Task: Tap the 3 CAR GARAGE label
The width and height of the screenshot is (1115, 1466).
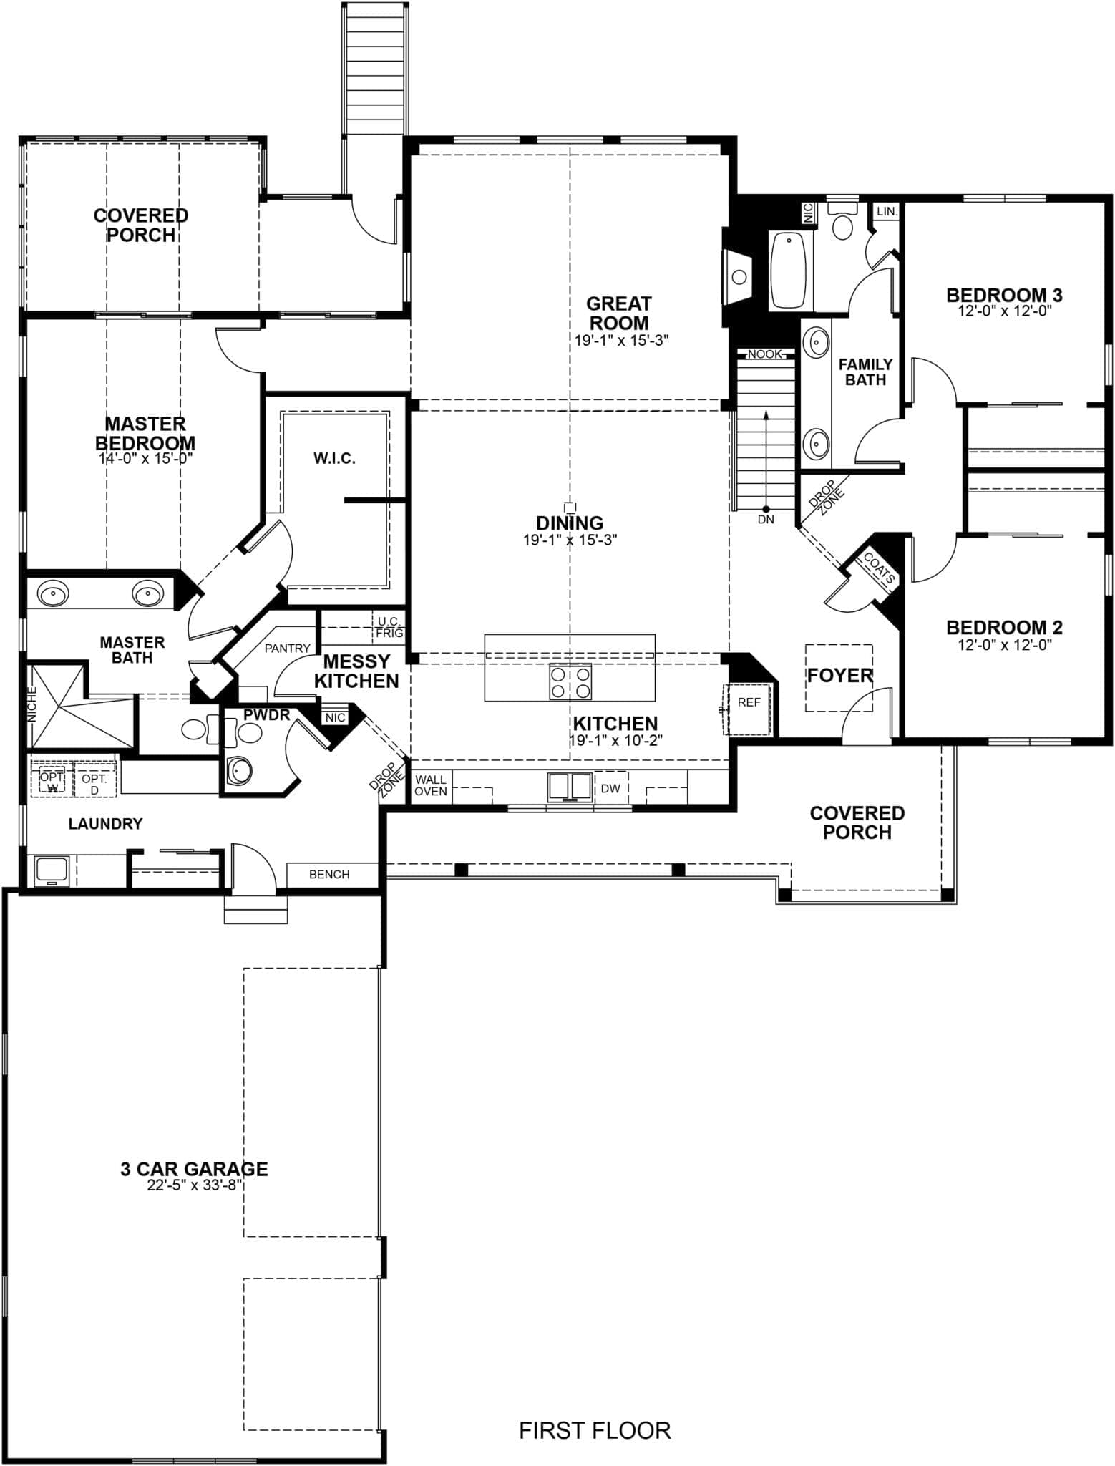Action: (194, 1169)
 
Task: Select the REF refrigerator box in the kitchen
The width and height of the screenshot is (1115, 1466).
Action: (749, 709)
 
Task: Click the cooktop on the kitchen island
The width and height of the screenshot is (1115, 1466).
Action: (570, 681)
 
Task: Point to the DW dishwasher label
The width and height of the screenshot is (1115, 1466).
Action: (610, 788)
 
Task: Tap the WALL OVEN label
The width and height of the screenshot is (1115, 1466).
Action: (431, 785)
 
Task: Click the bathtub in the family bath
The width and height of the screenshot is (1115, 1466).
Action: (788, 271)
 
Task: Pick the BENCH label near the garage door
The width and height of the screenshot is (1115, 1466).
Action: (329, 874)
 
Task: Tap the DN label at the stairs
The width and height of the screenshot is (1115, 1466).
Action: (766, 520)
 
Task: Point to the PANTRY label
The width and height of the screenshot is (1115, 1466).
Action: (288, 649)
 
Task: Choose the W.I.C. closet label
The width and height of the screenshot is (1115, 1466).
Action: (334, 458)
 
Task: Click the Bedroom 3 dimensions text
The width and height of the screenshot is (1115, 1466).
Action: (1005, 311)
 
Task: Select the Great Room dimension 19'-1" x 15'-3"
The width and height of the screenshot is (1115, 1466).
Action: (621, 341)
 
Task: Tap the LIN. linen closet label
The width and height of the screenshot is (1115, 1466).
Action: (887, 212)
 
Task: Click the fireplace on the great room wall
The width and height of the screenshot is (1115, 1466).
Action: (737, 277)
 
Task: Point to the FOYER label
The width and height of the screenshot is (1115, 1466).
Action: (840, 675)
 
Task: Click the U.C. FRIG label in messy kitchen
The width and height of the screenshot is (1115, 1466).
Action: (390, 627)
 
